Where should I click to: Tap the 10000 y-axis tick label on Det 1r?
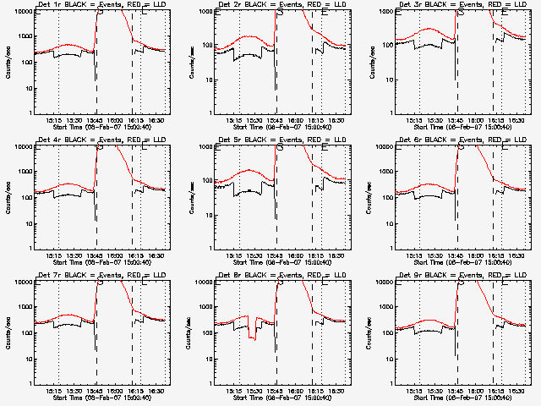pyautogui.click(x=22, y=13)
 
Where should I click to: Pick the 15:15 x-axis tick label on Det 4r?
pyautogui.click(x=53, y=255)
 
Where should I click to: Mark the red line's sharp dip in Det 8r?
pyautogui.click(x=252, y=337)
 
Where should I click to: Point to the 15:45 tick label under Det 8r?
pyautogui.click(x=275, y=390)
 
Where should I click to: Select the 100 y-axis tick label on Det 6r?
pyautogui.click(x=386, y=197)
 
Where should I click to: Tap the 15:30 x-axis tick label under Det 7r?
pyautogui.click(x=74, y=390)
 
